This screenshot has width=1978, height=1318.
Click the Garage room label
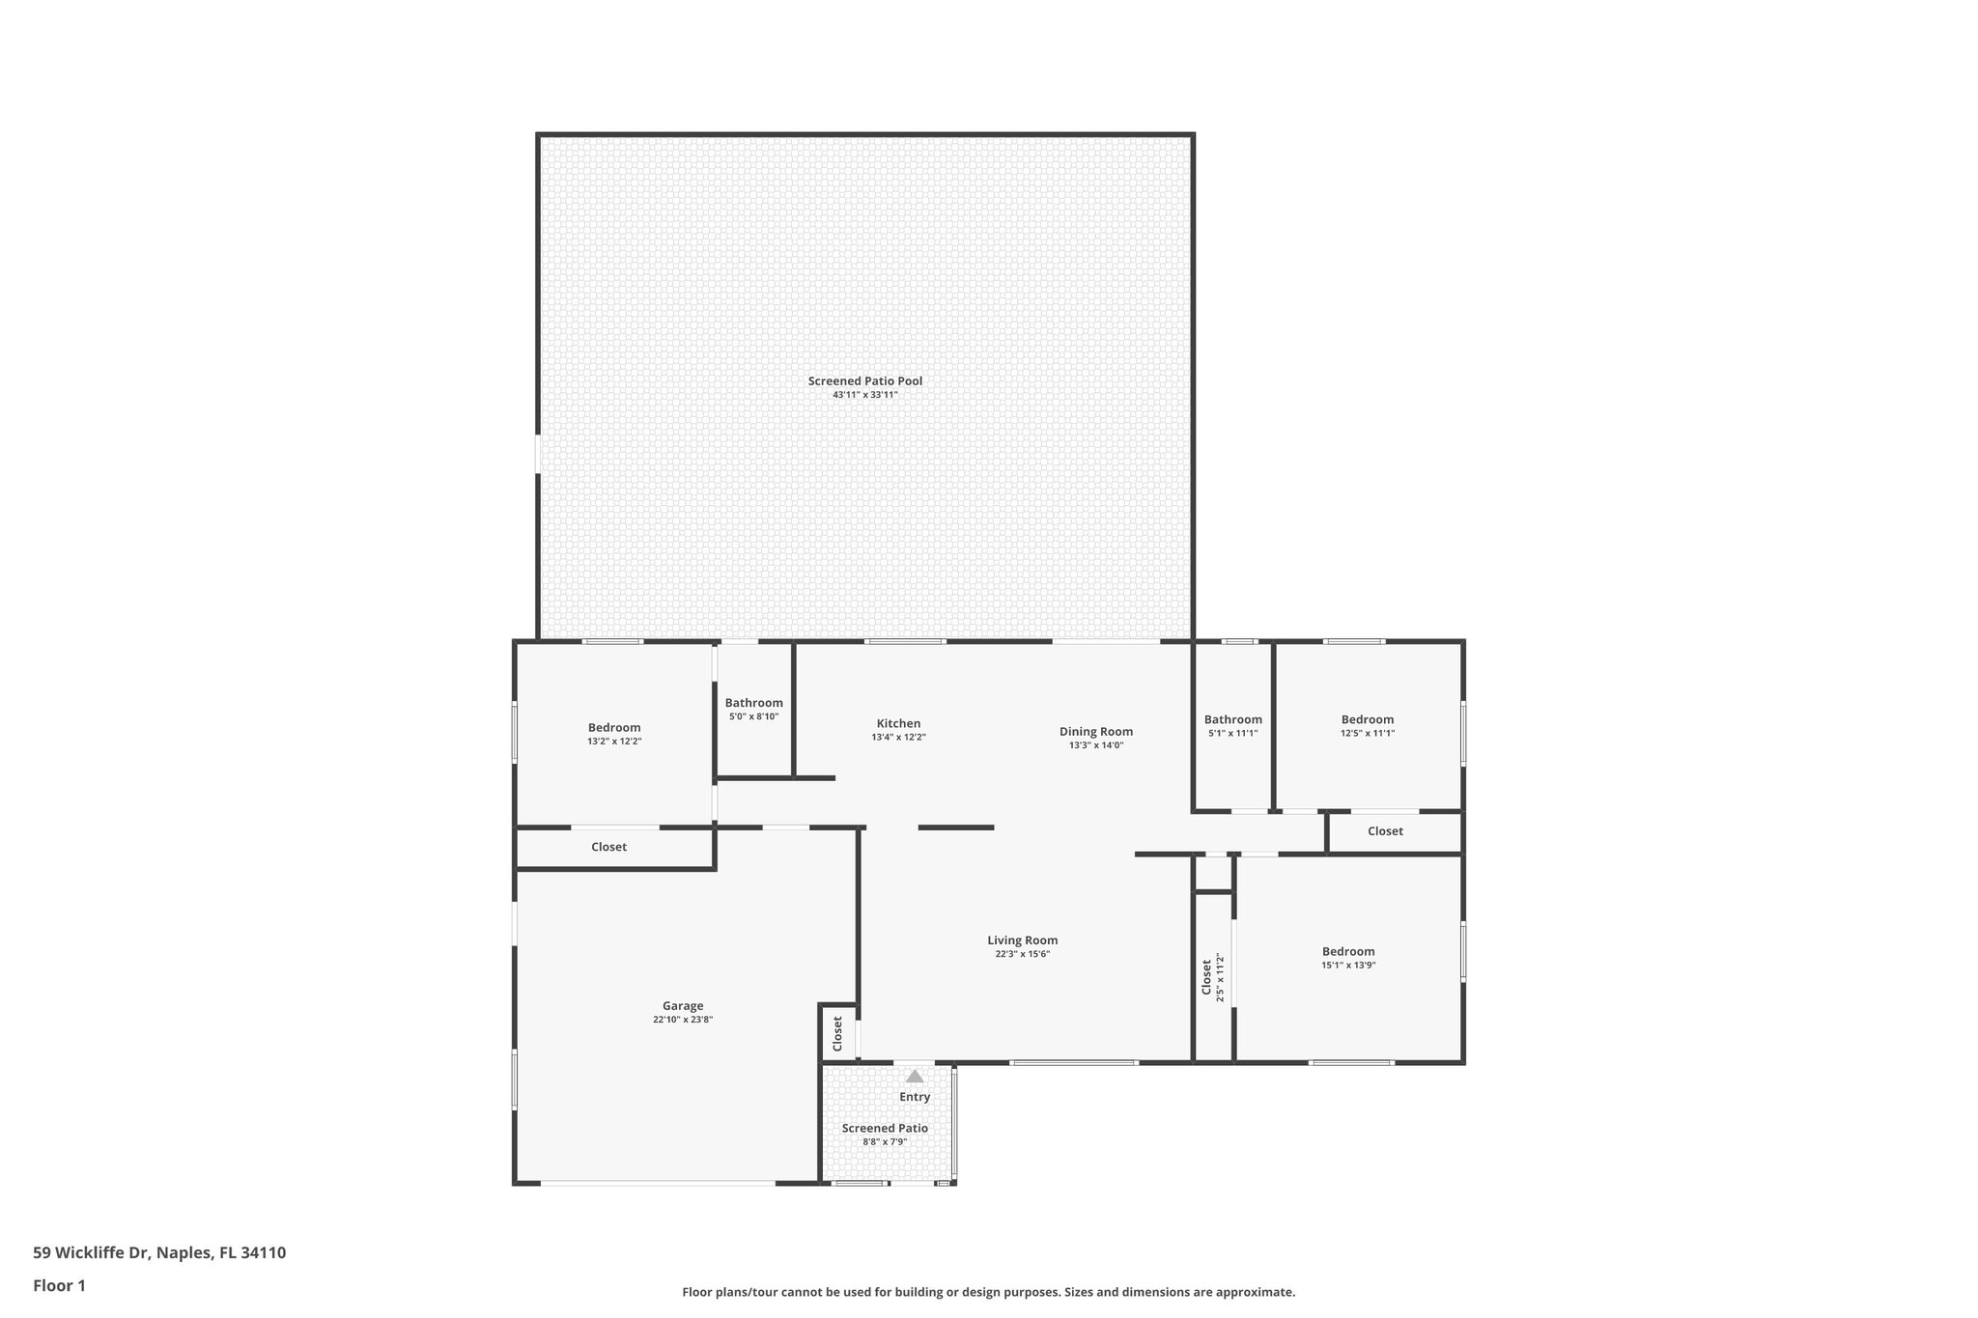[682, 1005]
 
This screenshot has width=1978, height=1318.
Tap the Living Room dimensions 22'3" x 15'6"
[1022, 954]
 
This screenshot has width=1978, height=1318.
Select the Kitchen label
[898, 723]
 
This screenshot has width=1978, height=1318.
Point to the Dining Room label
[1095, 731]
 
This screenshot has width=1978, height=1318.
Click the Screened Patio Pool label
[864, 381]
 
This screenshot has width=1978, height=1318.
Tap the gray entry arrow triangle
[915, 1076]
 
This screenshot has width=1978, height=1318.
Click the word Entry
[915, 1097]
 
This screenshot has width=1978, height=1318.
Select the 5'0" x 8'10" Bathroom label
[753, 703]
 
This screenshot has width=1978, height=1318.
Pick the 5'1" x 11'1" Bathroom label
[1232, 719]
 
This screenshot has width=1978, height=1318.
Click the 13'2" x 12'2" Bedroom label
[614, 728]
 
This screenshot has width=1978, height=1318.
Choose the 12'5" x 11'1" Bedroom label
[1367, 719]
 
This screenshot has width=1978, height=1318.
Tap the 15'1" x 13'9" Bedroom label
[1348, 951]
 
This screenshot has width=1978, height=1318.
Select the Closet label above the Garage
[608, 847]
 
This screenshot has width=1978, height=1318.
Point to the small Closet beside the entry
[837, 1033]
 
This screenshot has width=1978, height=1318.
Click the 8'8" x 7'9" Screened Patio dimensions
[885, 1142]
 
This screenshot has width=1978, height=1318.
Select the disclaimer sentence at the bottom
[988, 1292]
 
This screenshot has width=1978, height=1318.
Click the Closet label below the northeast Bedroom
[1385, 831]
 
